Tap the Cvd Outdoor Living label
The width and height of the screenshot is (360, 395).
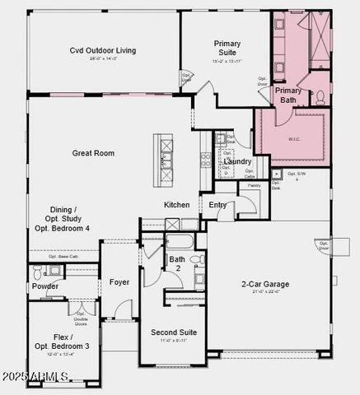tap(103, 50)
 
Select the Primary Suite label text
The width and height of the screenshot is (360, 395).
tap(227, 48)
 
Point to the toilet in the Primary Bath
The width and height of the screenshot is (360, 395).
tap(320, 96)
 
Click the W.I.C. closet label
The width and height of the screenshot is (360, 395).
tap(294, 137)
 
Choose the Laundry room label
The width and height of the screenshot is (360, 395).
tap(238, 161)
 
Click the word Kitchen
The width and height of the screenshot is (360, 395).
tap(176, 205)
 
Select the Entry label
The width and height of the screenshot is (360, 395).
tap(217, 205)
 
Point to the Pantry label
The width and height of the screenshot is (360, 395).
tap(254, 186)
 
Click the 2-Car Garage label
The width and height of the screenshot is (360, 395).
tap(264, 285)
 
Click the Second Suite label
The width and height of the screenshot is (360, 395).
tap(174, 332)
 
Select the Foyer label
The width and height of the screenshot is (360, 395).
tap(119, 282)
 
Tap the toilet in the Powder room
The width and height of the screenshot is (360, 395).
tap(35, 271)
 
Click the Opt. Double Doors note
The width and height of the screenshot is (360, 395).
tap(81, 317)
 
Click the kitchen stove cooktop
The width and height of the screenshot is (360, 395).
tap(205, 160)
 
